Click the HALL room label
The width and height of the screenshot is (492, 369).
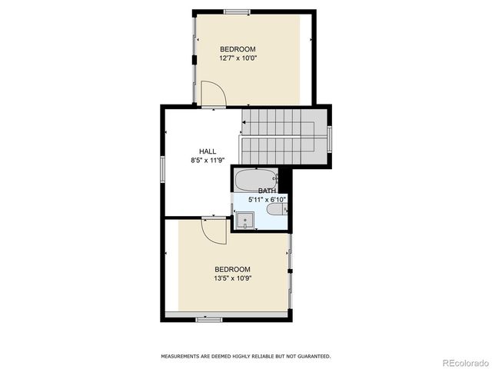[x=208, y=151]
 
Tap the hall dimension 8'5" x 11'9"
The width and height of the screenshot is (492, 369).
[x=208, y=161]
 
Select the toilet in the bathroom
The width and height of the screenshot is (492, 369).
[x=274, y=210]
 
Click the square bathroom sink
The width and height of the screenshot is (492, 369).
[x=245, y=221]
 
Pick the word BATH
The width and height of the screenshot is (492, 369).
[x=267, y=191]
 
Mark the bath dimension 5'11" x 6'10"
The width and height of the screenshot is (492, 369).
[x=267, y=200]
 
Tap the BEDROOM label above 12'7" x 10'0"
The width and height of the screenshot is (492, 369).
[x=238, y=49]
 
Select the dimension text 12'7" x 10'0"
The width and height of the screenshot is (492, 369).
[x=238, y=58]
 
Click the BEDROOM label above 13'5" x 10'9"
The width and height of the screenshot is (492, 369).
[x=232, y=269]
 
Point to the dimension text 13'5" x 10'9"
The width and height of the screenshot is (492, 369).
[x=232, y=278]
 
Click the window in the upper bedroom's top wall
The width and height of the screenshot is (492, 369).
[x=237, y=11]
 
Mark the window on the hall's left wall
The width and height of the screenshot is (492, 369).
[x=162, y=170]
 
